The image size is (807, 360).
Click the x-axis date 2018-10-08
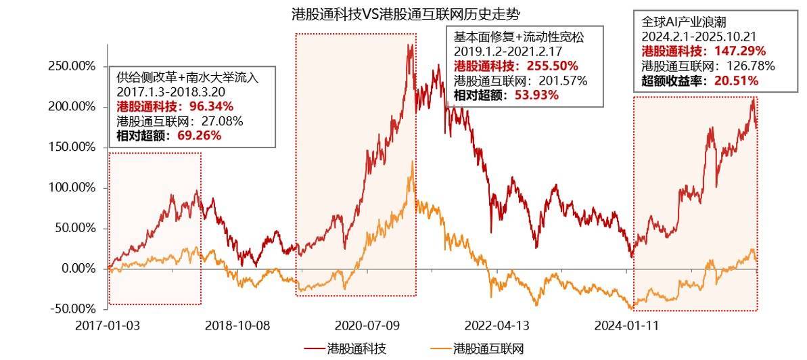coord(239,325)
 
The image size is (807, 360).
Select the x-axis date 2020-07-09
coord(367,325)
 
